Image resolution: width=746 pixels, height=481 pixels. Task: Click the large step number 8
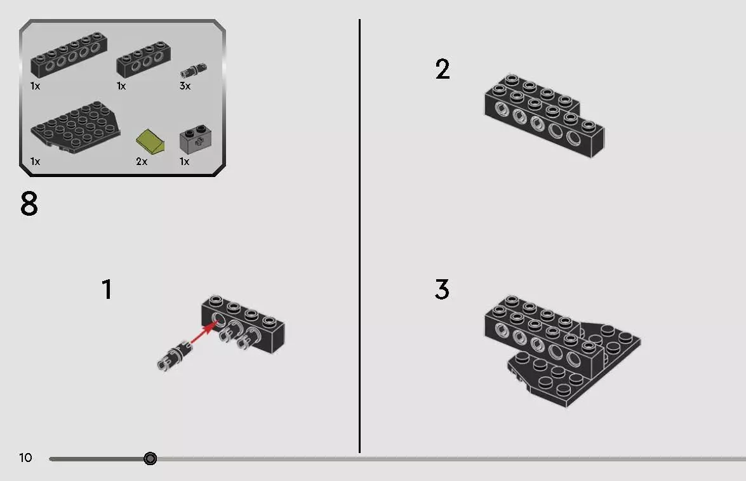click(x=29, y=204)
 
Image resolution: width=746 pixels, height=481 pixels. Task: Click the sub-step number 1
click(x=107, y=289)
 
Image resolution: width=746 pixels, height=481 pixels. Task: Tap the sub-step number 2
click(x=443, y=69)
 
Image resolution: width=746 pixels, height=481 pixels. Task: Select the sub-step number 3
click(x=443, y=289)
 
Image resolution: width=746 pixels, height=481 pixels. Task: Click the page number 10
click(x=25, y=458)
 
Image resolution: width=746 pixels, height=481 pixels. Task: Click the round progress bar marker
click(x=150, y=458)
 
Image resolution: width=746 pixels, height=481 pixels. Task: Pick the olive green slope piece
click(x=150, y=140)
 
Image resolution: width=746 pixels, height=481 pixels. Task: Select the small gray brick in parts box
click(x=195, y=139)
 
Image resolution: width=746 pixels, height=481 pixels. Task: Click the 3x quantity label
click(x=185, y=86)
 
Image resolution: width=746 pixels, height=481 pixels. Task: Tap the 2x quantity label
click(x=142, y=162)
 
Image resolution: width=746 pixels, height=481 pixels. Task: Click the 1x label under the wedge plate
click(x=35, y=162)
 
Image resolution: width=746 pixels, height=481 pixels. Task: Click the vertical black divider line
click(x=359, y=235)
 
